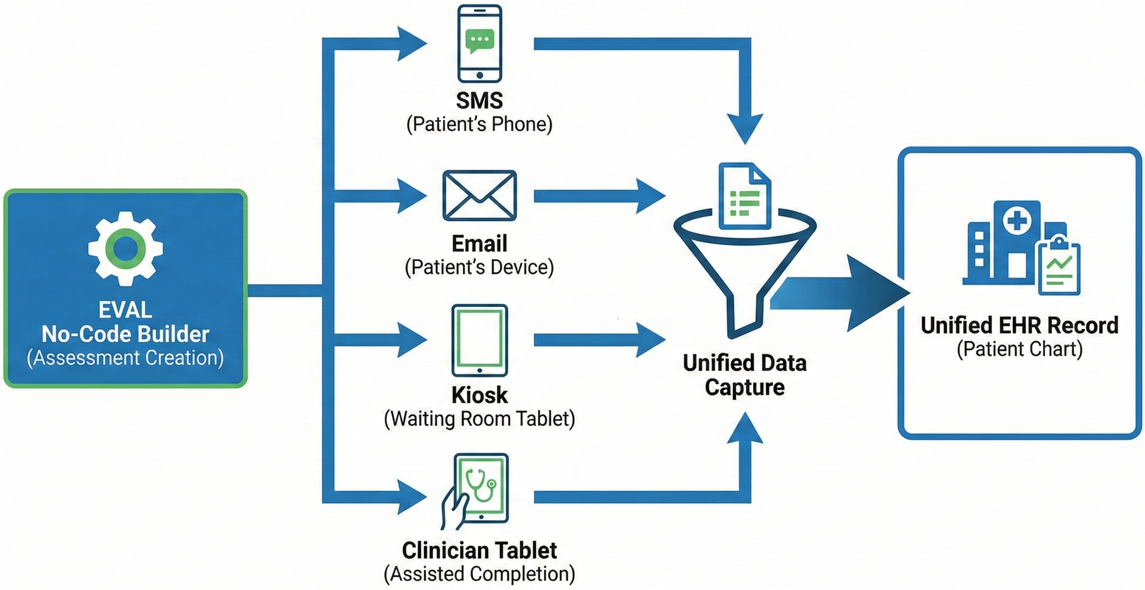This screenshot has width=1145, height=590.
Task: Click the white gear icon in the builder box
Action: point(125,248)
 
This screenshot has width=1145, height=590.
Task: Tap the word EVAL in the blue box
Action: point(125,310)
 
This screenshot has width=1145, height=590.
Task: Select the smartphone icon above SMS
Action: point(480,43)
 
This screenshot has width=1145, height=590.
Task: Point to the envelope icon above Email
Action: point(480,195)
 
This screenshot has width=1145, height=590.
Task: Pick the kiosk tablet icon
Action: point(480,340)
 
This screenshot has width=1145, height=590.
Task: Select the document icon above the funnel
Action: point(745,196)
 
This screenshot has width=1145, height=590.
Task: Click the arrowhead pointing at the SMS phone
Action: point(411,43)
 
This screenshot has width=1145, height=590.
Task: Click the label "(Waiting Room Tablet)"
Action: point(479,419)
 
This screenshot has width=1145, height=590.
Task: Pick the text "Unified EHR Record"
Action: point(1019,325)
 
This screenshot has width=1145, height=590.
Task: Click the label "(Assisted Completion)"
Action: point(479,573)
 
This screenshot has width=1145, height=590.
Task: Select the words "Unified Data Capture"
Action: point(745,375)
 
